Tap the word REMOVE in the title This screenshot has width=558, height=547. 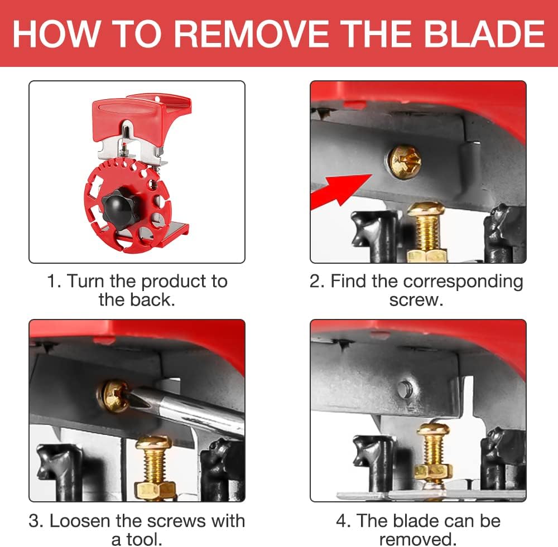[251, 34]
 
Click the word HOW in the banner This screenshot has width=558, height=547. [55, 34]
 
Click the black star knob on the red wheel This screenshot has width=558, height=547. [120, 206]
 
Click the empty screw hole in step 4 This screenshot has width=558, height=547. [403, 389]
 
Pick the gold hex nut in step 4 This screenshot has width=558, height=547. [433, 472]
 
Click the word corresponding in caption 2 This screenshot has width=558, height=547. [463, 282]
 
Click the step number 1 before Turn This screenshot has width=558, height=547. [52, 282]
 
